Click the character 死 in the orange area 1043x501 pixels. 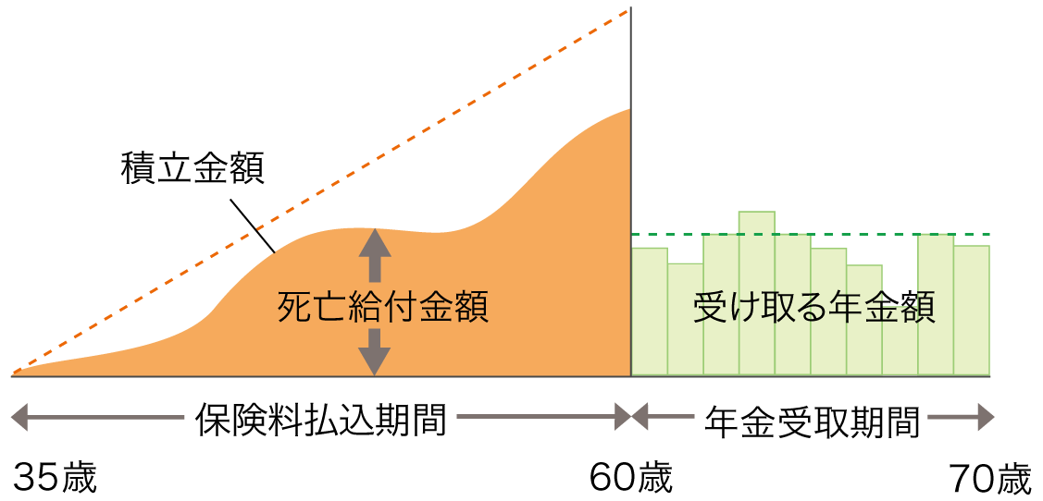293,308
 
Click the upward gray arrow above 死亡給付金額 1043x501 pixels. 374,254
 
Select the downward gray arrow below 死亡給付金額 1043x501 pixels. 374,351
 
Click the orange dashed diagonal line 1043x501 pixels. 315,192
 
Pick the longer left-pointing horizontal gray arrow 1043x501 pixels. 97,418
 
